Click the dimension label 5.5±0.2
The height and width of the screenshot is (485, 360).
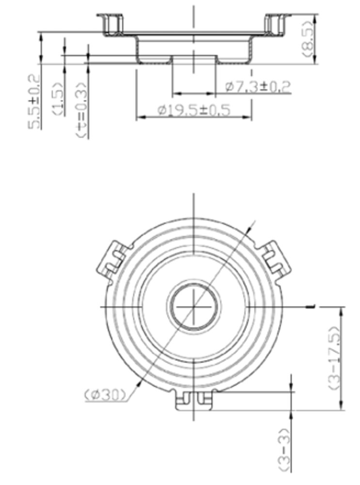coord(34,101)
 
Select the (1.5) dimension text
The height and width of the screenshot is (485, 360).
coord(59,98)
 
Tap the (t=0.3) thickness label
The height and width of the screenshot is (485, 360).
coord(81,110)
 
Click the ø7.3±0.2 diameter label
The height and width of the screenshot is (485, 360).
coord(258,86)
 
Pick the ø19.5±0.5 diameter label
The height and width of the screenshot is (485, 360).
coord(194,110)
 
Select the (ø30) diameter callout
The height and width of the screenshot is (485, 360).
coord(105,394)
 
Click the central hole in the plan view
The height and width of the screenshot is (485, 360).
coord(193,307)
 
